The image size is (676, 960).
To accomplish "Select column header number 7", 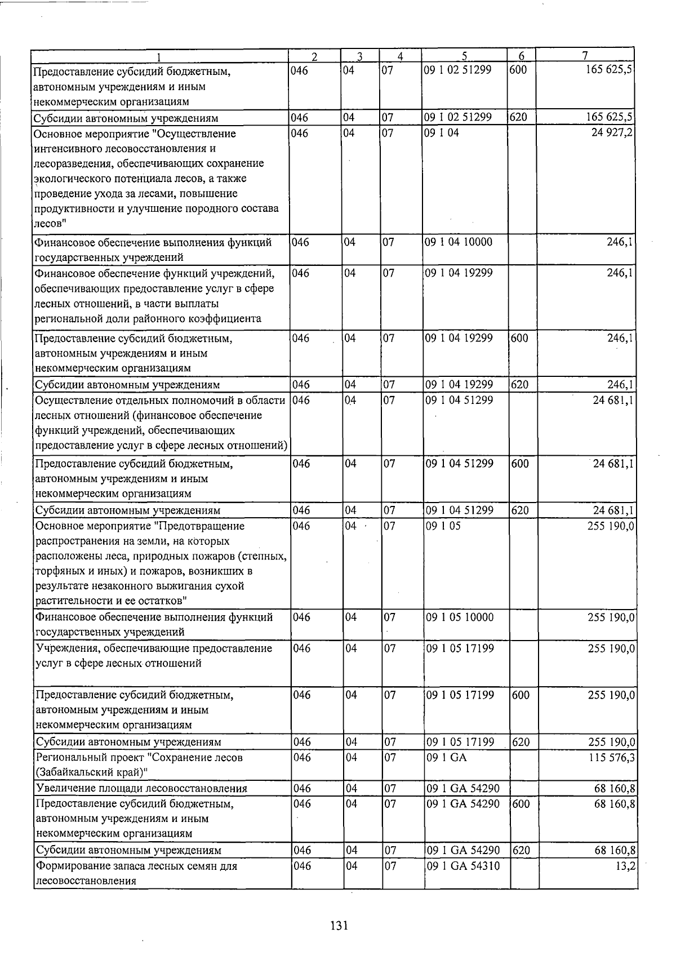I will (x=585, y=56).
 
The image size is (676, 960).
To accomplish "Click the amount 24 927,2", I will (x=613, y=134).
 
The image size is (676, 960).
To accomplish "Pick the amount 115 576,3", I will (x=611, y=758).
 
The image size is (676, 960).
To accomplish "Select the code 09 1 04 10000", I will (x=460, y=242).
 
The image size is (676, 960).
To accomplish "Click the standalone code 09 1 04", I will (x=442, y=134).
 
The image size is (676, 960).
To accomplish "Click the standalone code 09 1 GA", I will (x=447, y=758).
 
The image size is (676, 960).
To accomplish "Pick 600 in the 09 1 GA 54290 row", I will (x=522, y=804).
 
